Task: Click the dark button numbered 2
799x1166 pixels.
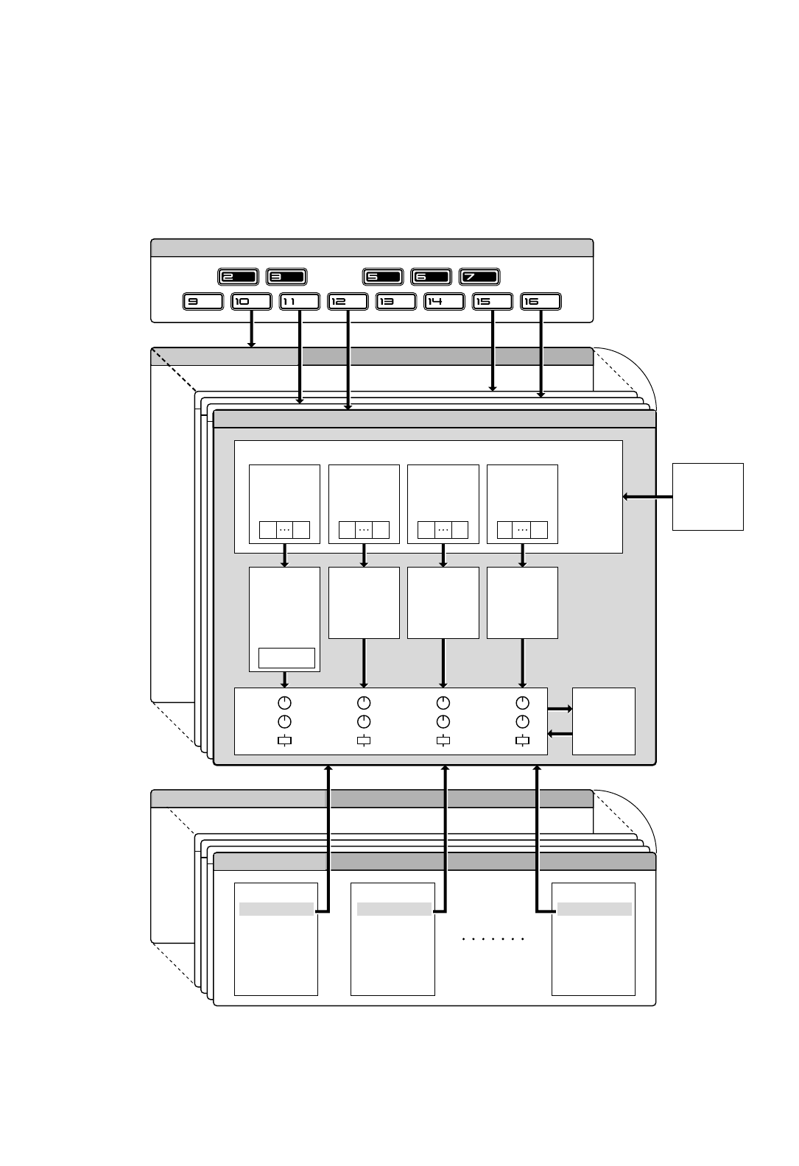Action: (238, 277)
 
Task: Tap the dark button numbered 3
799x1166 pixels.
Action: (286, 277)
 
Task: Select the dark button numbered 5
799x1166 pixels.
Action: (383, 277)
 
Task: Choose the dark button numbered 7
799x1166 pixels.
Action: (479, 277)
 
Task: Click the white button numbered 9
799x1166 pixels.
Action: (203, 301)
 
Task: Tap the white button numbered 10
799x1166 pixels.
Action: (251, 301)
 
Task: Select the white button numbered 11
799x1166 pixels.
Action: (299, 301)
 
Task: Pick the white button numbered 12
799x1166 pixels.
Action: (348, 301)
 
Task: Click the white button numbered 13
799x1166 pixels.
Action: (395, 301)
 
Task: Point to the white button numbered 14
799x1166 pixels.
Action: (444, 301)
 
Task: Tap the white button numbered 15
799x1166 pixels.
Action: (492, 301)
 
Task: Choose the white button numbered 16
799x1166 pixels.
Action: (541, 301)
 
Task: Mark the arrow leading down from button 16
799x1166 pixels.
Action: (541, 354)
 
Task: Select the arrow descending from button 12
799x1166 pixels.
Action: (348, 360)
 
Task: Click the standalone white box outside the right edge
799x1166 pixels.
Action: (708, 496)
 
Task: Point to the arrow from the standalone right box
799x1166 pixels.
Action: (647, 497)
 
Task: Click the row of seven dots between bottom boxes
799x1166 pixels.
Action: (493, 939)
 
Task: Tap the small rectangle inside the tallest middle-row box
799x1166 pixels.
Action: (286, 657)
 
